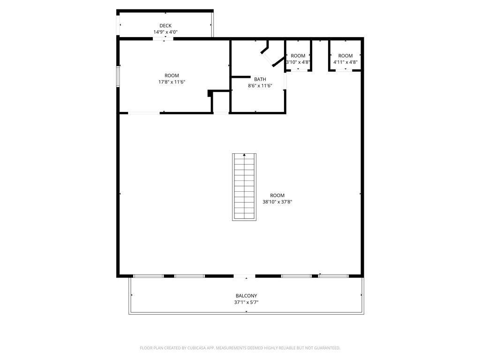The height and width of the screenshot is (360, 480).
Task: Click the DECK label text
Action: pos(165,26)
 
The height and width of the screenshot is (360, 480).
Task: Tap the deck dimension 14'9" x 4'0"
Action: pos(165,32)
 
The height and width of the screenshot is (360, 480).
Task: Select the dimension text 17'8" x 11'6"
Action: pos(172,82)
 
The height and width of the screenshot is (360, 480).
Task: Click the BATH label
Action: pos(260,79)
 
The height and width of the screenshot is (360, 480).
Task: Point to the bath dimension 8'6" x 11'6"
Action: pos(260,86)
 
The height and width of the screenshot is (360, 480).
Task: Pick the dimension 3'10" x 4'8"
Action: pos(298,62)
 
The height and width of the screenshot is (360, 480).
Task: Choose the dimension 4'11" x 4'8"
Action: pos(345,62)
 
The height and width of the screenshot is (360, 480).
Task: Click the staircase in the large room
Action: pos(244,187)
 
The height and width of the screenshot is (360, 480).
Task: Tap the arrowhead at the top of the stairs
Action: pos(244,155)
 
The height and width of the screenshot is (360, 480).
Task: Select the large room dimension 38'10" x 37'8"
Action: pos(277,202)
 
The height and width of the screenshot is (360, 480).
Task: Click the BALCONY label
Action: pos(246,296)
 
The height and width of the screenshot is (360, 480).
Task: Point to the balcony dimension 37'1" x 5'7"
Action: pos(246,302)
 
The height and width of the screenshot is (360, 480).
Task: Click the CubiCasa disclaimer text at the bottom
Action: pos(240,348)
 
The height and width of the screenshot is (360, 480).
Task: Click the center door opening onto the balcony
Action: pos(245,276)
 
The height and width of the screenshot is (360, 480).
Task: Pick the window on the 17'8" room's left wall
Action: pos(118,76)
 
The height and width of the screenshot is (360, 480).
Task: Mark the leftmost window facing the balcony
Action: pos(149,276)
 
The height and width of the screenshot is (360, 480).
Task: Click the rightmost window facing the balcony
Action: pos(334,276)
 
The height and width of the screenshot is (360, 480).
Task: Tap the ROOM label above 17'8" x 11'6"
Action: pos(172,75)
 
